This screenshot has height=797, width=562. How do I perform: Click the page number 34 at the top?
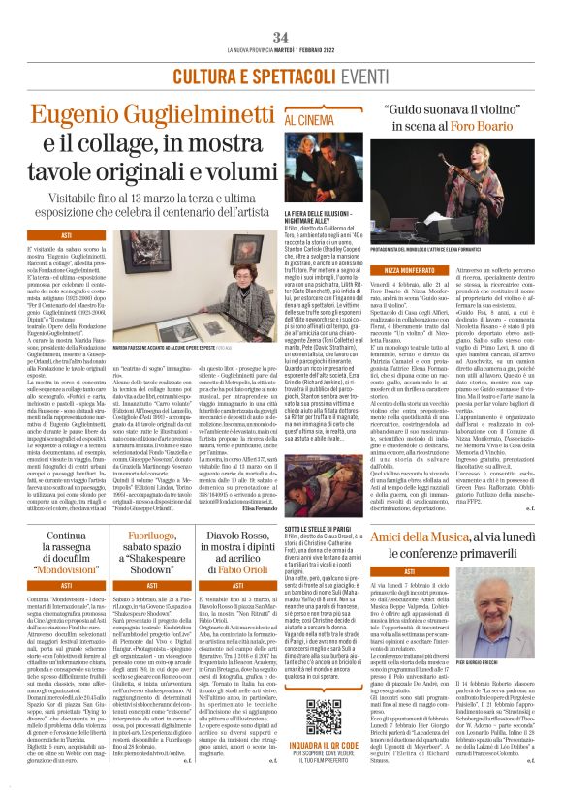(x=281, y=10)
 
